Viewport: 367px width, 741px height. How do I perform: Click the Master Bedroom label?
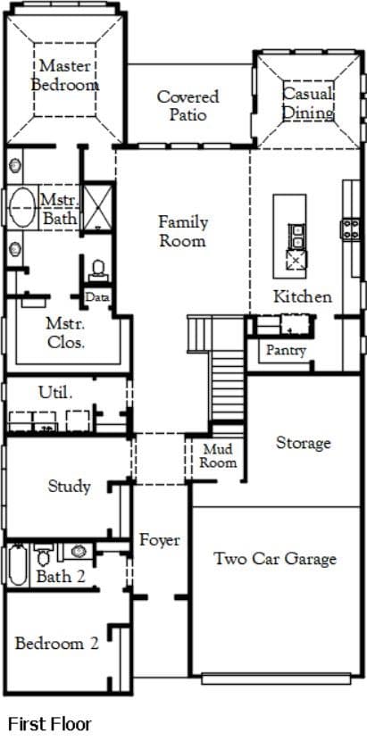tap(65, 75)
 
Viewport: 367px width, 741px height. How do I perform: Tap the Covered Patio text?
tap(188, 105)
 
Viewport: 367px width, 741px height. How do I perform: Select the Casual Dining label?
tap(308, 103)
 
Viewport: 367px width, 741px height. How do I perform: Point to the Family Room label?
tap(182, 231)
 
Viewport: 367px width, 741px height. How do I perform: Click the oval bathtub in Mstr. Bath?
tap(21, 207)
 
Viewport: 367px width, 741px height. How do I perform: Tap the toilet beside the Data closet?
tap(98, 271)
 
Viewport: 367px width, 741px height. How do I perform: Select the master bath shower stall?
tap(98, 208)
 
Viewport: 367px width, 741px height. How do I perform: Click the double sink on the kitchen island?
tap(296, 237)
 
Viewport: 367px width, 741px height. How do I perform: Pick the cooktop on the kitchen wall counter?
tap(351, 229)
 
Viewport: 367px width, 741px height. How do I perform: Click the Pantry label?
tap(286, 351)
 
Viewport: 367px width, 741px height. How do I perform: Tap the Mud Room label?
tap(218, 455)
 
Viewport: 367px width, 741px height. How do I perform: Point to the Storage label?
tap(303, 444)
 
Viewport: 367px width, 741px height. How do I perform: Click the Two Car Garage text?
tap(275, 559)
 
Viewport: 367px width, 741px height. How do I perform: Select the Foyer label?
tap(159, 540)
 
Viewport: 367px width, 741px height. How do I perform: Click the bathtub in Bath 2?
tap(18, 565)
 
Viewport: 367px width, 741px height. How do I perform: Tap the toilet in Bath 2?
tap(44, 554)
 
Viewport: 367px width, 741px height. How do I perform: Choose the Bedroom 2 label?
tap(57, 643)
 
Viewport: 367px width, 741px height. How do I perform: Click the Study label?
tap(69, 487)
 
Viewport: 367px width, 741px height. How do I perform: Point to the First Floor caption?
tap(50, 723)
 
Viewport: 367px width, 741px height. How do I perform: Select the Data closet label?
tap(98, 297)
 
